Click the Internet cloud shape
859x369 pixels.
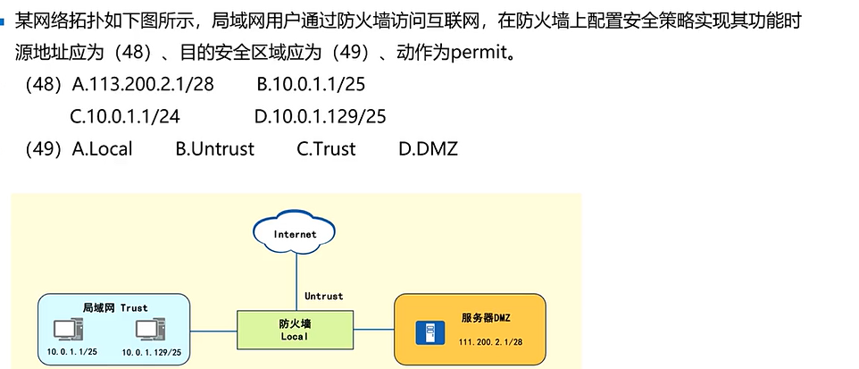click(295, 234)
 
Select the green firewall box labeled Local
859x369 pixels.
click(294, 329)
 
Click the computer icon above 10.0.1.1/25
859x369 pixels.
click(66, 331)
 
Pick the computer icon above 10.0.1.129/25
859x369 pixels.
click(149, 331)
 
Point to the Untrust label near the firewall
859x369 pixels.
click(323, 296)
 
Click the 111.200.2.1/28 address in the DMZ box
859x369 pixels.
click(490, 342)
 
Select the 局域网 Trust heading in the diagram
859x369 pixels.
click(114, 308)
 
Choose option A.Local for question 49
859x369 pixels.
click(103, 148)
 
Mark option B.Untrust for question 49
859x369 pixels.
click(215, 148)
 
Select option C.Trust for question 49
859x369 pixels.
click(326, 148)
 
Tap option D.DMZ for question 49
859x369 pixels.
click(429, 148)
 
